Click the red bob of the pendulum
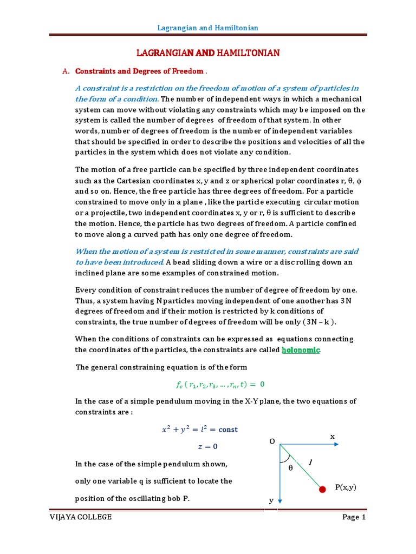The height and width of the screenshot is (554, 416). tap(322, 490)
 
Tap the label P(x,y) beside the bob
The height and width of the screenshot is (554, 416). tap(346, 487)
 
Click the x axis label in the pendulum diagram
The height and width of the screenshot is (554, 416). tap(333, 436)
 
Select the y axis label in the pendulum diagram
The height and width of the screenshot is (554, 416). tap(271, 501)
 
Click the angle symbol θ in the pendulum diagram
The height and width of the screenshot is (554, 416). tap(290, 468)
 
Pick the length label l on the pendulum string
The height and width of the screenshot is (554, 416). tap(310, 462)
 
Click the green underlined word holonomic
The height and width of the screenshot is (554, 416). tap(301, 350)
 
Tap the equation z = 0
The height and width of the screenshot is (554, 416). tap(206, 446)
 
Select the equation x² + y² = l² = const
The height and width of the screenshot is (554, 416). tap(200, 430)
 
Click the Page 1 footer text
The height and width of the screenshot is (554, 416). tap(354, 517)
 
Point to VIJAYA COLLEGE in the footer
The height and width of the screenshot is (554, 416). tap(80, 517)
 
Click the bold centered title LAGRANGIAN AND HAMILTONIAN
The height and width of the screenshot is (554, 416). tap(207, 52)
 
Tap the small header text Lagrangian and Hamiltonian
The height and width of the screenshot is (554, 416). tap(208, 28)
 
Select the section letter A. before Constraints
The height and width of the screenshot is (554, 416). tap(67, 71)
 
